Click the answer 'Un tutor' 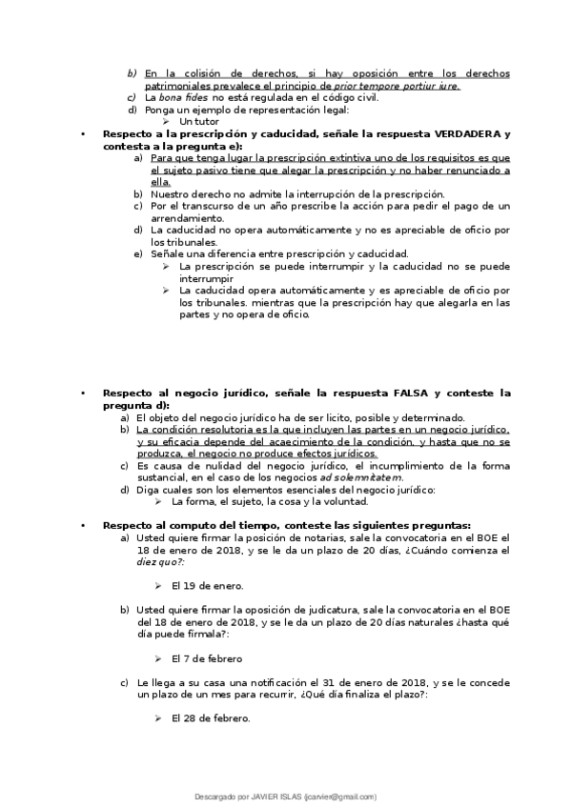pos(200,122)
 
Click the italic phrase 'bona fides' pos(184,98)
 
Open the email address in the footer pos(341,796)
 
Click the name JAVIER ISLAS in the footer pos(276,796)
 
